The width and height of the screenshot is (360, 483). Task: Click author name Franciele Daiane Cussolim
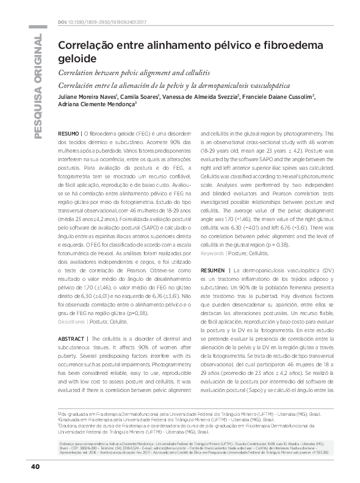pos(278,96)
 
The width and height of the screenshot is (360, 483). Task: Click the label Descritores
pos(71,321)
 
